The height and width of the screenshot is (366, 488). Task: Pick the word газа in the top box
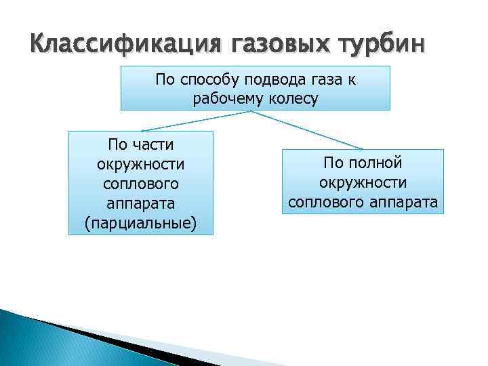click(x=323, y=80)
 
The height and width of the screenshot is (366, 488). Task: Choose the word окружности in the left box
click(x=141, y=165)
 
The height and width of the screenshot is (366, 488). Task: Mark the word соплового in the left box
click(x=141, y=184)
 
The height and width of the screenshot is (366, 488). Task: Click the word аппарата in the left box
click(x=141, y=203)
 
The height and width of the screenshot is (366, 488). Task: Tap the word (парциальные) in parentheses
click(x=141, y=223)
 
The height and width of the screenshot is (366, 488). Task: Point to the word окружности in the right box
click(x=363, y=182)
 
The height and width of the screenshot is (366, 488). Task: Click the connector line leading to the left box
click(x=197, y=121)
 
